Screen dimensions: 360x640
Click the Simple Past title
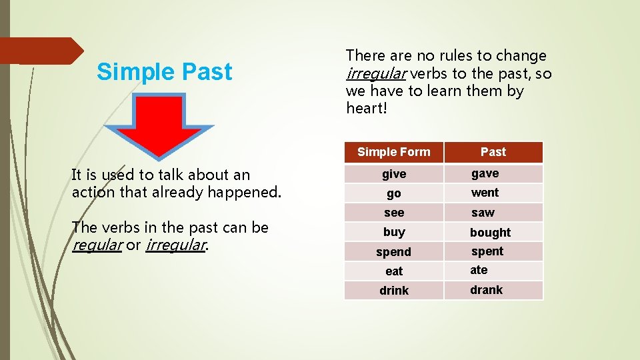point(164,72)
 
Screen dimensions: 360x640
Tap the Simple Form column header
point(393,152)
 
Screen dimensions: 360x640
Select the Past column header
point(493,152)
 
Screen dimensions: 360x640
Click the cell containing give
point(393,174)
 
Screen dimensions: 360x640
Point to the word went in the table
point(485,193)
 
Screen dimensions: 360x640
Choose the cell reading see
point(393,213)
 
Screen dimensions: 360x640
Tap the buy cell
point(393,232)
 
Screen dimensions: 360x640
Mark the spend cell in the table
point(393,252)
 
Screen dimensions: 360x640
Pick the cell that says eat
point(393,271)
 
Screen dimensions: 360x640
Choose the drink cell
point(393,291)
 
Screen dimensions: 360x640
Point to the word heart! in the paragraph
point(366,108)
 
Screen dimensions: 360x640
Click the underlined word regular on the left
point(97,245)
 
